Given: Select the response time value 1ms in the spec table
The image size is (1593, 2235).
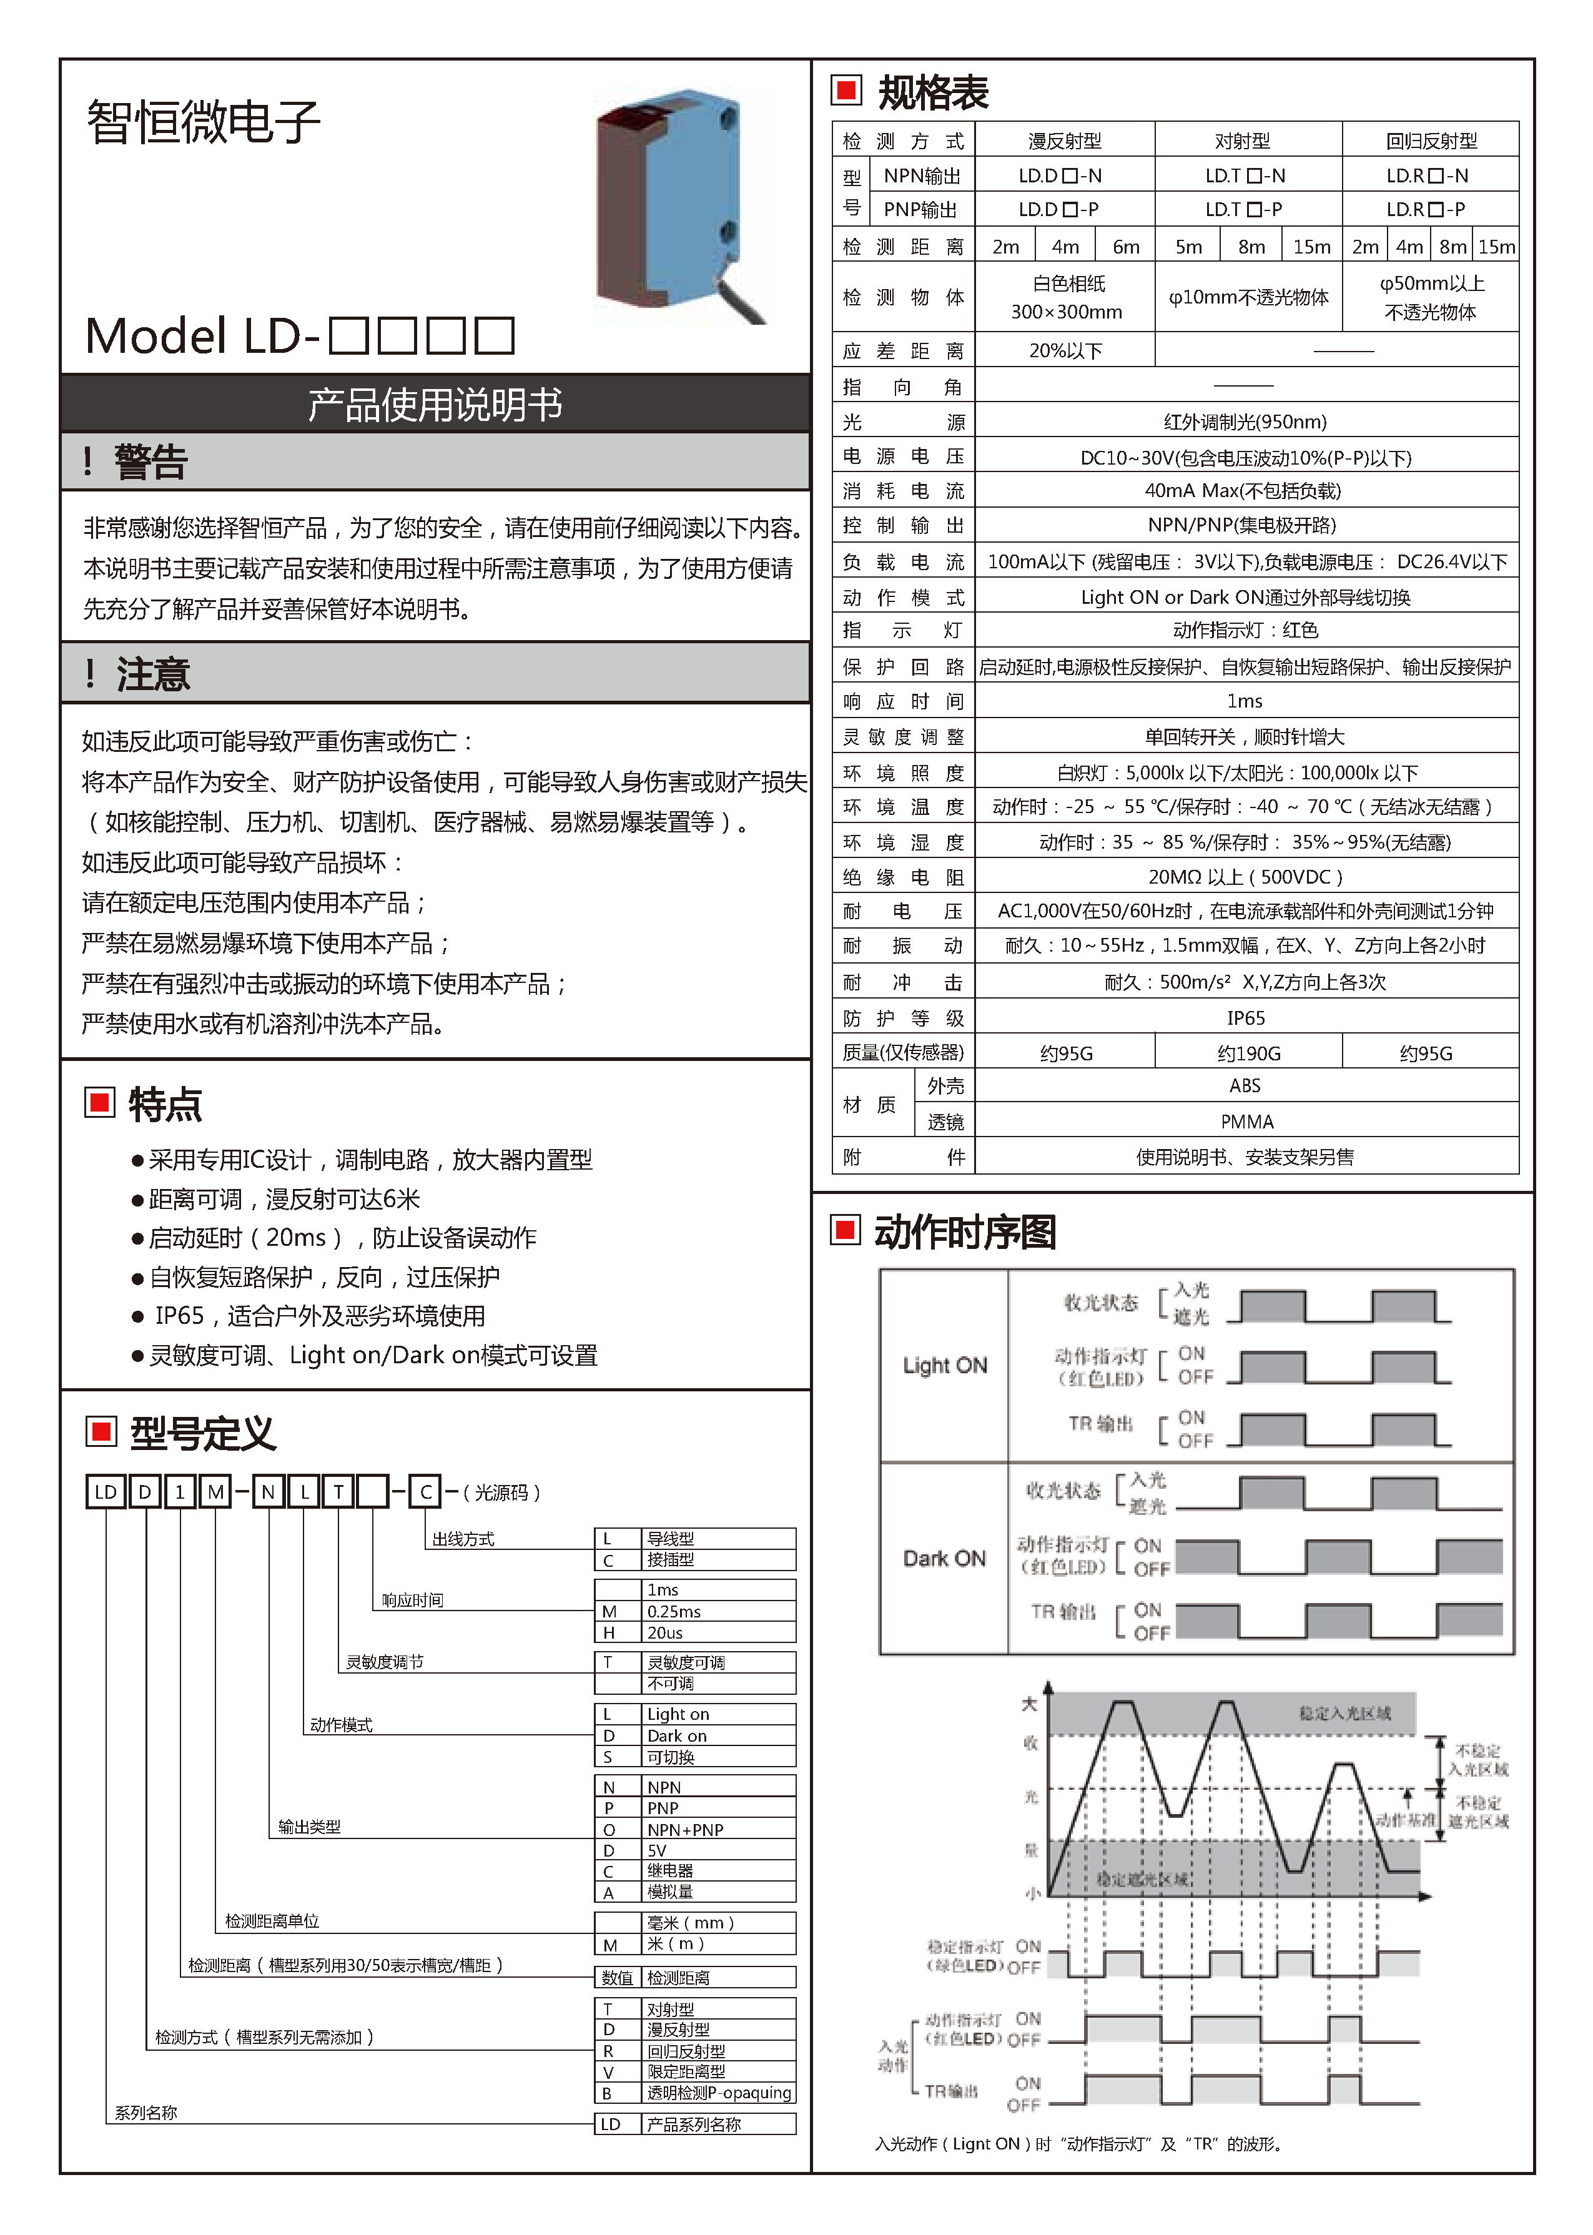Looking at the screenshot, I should click(1244, 701).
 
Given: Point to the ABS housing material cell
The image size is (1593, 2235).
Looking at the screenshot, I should click(1244, 1085).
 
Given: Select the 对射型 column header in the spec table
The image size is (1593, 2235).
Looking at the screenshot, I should click(1242, 141).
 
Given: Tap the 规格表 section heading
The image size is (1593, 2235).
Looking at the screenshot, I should click(932, 93).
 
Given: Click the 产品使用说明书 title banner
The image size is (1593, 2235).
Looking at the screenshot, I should click(435, 404).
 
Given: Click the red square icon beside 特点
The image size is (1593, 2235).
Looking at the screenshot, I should click(100, 1102).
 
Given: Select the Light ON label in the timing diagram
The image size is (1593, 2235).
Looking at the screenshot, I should click(945, 1365).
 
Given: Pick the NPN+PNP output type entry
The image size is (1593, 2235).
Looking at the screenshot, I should click(684, 1829).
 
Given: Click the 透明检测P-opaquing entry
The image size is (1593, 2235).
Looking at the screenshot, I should click(718, 2092).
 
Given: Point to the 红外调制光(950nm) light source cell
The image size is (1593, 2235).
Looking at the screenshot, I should click(1244, 422).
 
